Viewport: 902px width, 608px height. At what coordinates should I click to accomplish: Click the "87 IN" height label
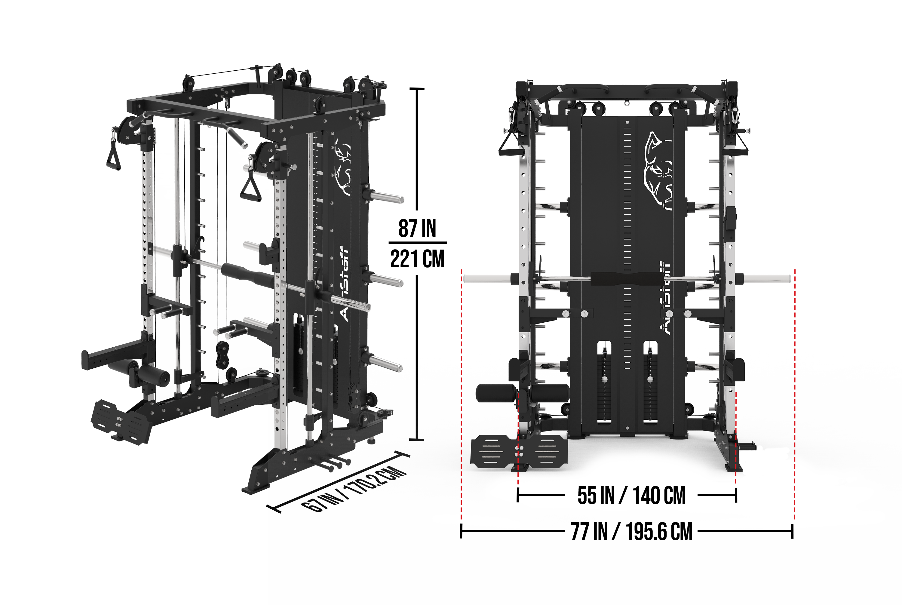tap(417, 229)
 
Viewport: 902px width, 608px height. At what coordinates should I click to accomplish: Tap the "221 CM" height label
tap(417, 259)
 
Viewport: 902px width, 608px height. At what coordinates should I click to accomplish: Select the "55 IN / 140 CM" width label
tap(631, 496)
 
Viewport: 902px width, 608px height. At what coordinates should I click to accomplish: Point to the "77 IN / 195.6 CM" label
tap(631, 532)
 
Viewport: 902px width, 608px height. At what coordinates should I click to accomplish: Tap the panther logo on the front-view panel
tap(658, 170)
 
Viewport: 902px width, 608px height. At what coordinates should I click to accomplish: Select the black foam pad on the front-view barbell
tap(625, 278)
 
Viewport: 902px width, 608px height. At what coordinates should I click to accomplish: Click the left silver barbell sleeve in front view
tap(487, 278)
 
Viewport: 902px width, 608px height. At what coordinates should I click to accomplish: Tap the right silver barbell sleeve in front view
tap(766, 278)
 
